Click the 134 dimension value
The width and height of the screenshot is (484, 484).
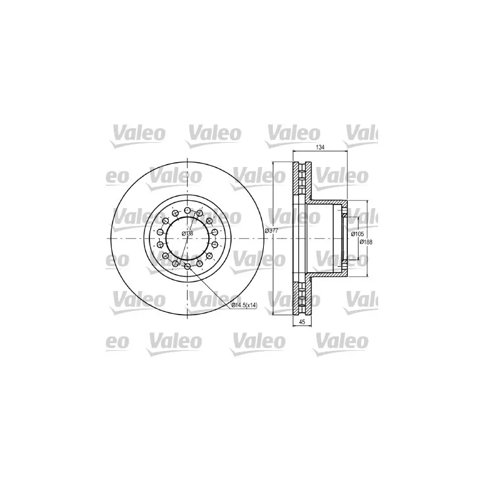click(320, 148)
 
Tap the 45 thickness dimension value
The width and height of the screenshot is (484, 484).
click(302, 322)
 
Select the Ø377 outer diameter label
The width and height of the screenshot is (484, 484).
click(272, 231)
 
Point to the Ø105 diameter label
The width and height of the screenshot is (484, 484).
click(358, 234)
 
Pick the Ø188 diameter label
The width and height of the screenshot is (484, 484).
click(366, 243)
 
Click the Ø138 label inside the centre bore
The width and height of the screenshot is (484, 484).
click(188, 234)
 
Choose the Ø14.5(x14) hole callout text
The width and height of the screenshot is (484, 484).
click(244, 306)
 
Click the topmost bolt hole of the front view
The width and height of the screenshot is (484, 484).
click(188, 211)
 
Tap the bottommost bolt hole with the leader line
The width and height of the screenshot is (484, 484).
click(188, 266)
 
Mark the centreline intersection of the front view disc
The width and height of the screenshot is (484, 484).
click(188, 238)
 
